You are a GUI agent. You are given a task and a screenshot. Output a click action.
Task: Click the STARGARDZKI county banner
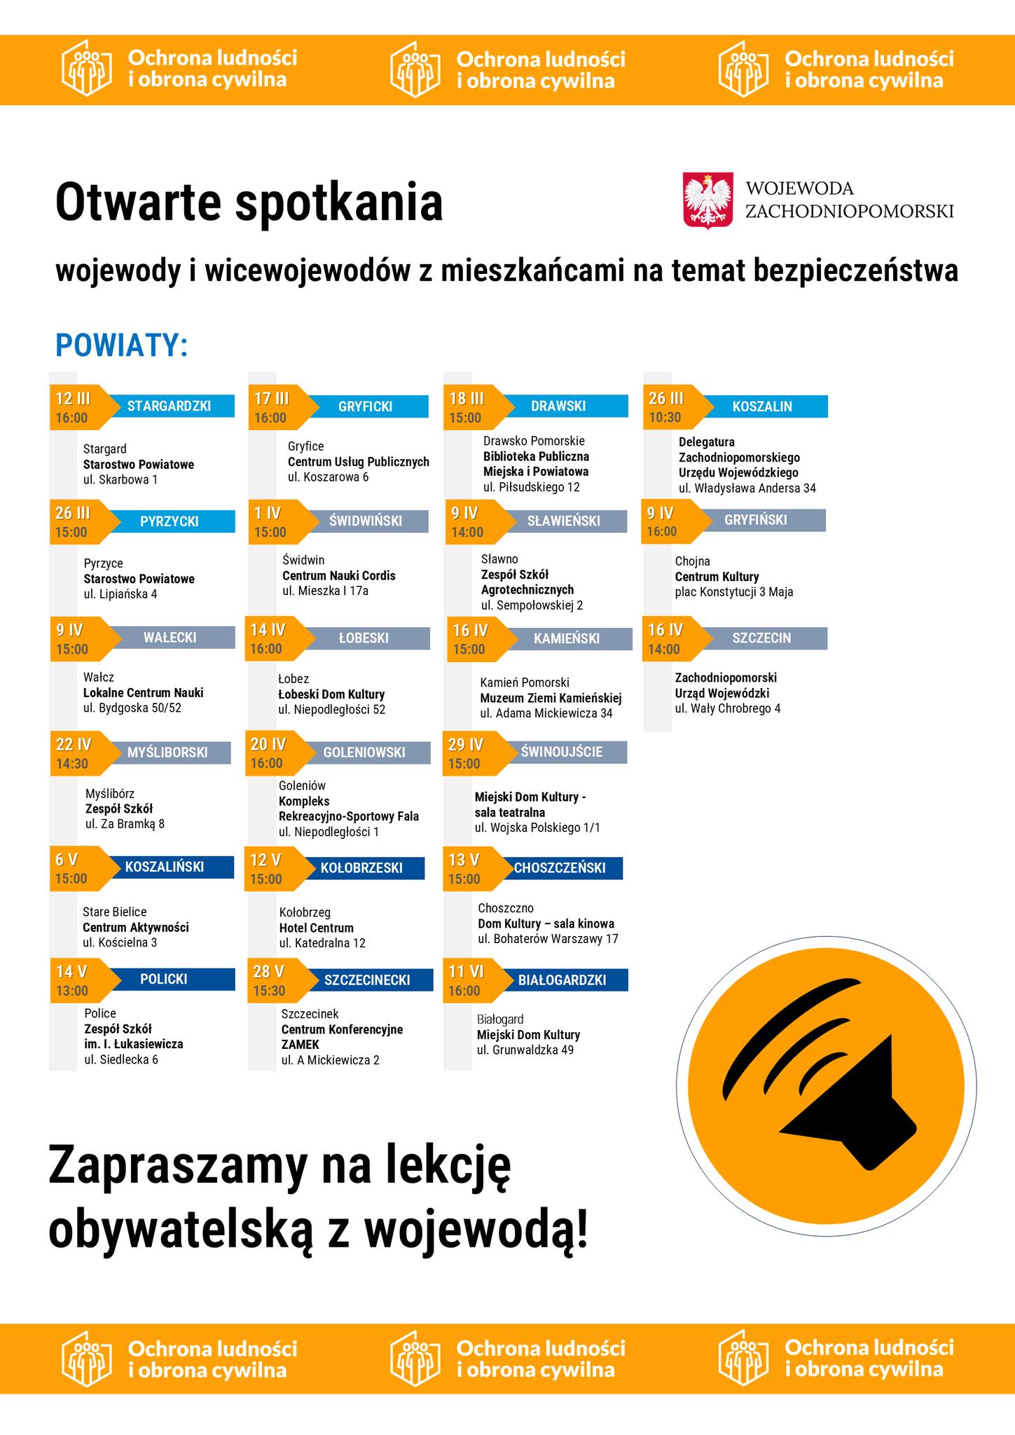169,406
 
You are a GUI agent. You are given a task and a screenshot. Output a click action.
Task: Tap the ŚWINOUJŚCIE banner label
562,752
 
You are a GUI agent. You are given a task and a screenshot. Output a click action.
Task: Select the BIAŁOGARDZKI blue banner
562,980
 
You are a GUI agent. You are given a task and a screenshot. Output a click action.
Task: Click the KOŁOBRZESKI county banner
361,867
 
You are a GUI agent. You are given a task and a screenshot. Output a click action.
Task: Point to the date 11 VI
466,971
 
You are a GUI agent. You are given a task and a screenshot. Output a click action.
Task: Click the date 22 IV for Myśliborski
74,744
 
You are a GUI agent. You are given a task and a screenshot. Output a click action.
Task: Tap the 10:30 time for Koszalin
665,417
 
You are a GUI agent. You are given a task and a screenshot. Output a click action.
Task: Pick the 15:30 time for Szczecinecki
270,991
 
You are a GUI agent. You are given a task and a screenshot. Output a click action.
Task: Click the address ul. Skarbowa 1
120,480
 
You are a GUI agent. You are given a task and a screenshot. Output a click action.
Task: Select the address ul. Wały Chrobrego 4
728,708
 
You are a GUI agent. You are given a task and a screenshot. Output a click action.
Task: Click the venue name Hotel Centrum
316,928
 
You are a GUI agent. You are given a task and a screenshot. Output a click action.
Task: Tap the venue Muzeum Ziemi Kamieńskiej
551,698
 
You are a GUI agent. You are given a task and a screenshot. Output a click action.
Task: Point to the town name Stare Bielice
115,912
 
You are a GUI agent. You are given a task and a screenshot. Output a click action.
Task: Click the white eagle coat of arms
708,200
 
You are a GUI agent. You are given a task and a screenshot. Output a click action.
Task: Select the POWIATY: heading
122,345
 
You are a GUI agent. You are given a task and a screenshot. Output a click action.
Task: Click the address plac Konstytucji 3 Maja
734,592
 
